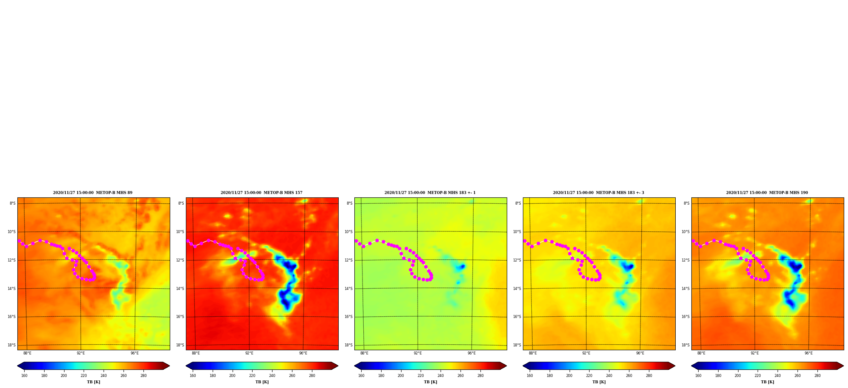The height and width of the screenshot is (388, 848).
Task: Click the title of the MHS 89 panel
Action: click(93, 193)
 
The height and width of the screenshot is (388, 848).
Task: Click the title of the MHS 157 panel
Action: click(261, 193)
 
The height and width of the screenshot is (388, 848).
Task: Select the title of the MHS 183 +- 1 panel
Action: click(430, 193)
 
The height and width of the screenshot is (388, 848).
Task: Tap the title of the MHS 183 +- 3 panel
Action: click(598, 193)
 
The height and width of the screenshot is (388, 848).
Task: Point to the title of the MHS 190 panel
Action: click(767, 193)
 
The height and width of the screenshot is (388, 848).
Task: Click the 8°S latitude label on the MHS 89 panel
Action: click(13, 203)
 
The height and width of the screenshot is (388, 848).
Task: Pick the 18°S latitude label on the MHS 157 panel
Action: click(180, 345)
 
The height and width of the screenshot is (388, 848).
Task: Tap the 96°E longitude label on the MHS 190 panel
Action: click(809, 353)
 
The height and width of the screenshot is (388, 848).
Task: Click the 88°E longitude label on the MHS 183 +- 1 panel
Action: click(364, 353)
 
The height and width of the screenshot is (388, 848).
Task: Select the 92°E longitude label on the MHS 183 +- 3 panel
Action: click(586, 353)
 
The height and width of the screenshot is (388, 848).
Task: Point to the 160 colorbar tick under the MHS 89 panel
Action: click(24, 376)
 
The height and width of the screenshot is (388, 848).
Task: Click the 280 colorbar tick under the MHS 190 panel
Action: click(817, 376)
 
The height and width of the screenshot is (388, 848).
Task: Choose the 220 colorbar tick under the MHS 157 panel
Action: click(252, 376)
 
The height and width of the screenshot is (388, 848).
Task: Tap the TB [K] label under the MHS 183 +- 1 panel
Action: click(430, 382)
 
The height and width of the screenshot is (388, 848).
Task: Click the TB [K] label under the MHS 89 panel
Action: click(93, 382)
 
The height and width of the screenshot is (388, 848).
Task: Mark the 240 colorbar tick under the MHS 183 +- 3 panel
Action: click(609, 376)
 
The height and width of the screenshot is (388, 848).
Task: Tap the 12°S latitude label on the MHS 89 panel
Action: click(11, 260)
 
